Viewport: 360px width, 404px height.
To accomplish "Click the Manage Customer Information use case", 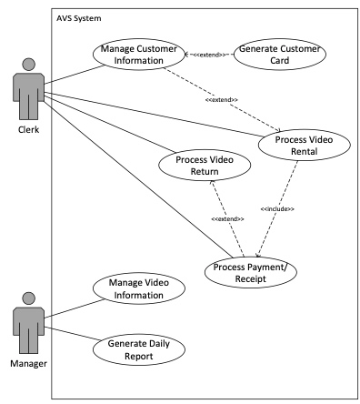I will point(134,56).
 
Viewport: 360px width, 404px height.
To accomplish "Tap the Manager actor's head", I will point(29,299).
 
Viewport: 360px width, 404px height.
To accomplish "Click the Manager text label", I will point(29,364).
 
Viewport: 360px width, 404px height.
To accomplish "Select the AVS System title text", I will point(79,18).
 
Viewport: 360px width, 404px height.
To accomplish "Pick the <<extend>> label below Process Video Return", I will point(226,219).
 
